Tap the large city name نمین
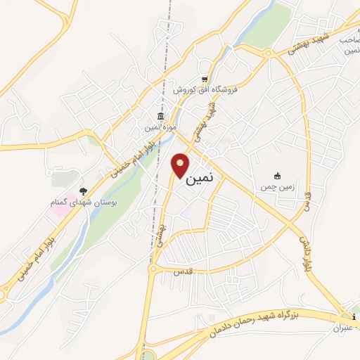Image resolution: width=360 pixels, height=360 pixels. coord(201,179)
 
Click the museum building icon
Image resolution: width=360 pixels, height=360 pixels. coord(161,116)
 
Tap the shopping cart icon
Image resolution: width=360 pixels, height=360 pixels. coord(204,79)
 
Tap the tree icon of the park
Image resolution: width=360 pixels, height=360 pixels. coord(84,191)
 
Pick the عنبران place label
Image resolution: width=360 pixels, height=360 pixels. coord(347,327)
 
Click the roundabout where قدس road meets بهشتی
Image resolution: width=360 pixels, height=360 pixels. coord(153,268)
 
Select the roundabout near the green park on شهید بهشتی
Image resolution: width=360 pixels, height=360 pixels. coord(268,53)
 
